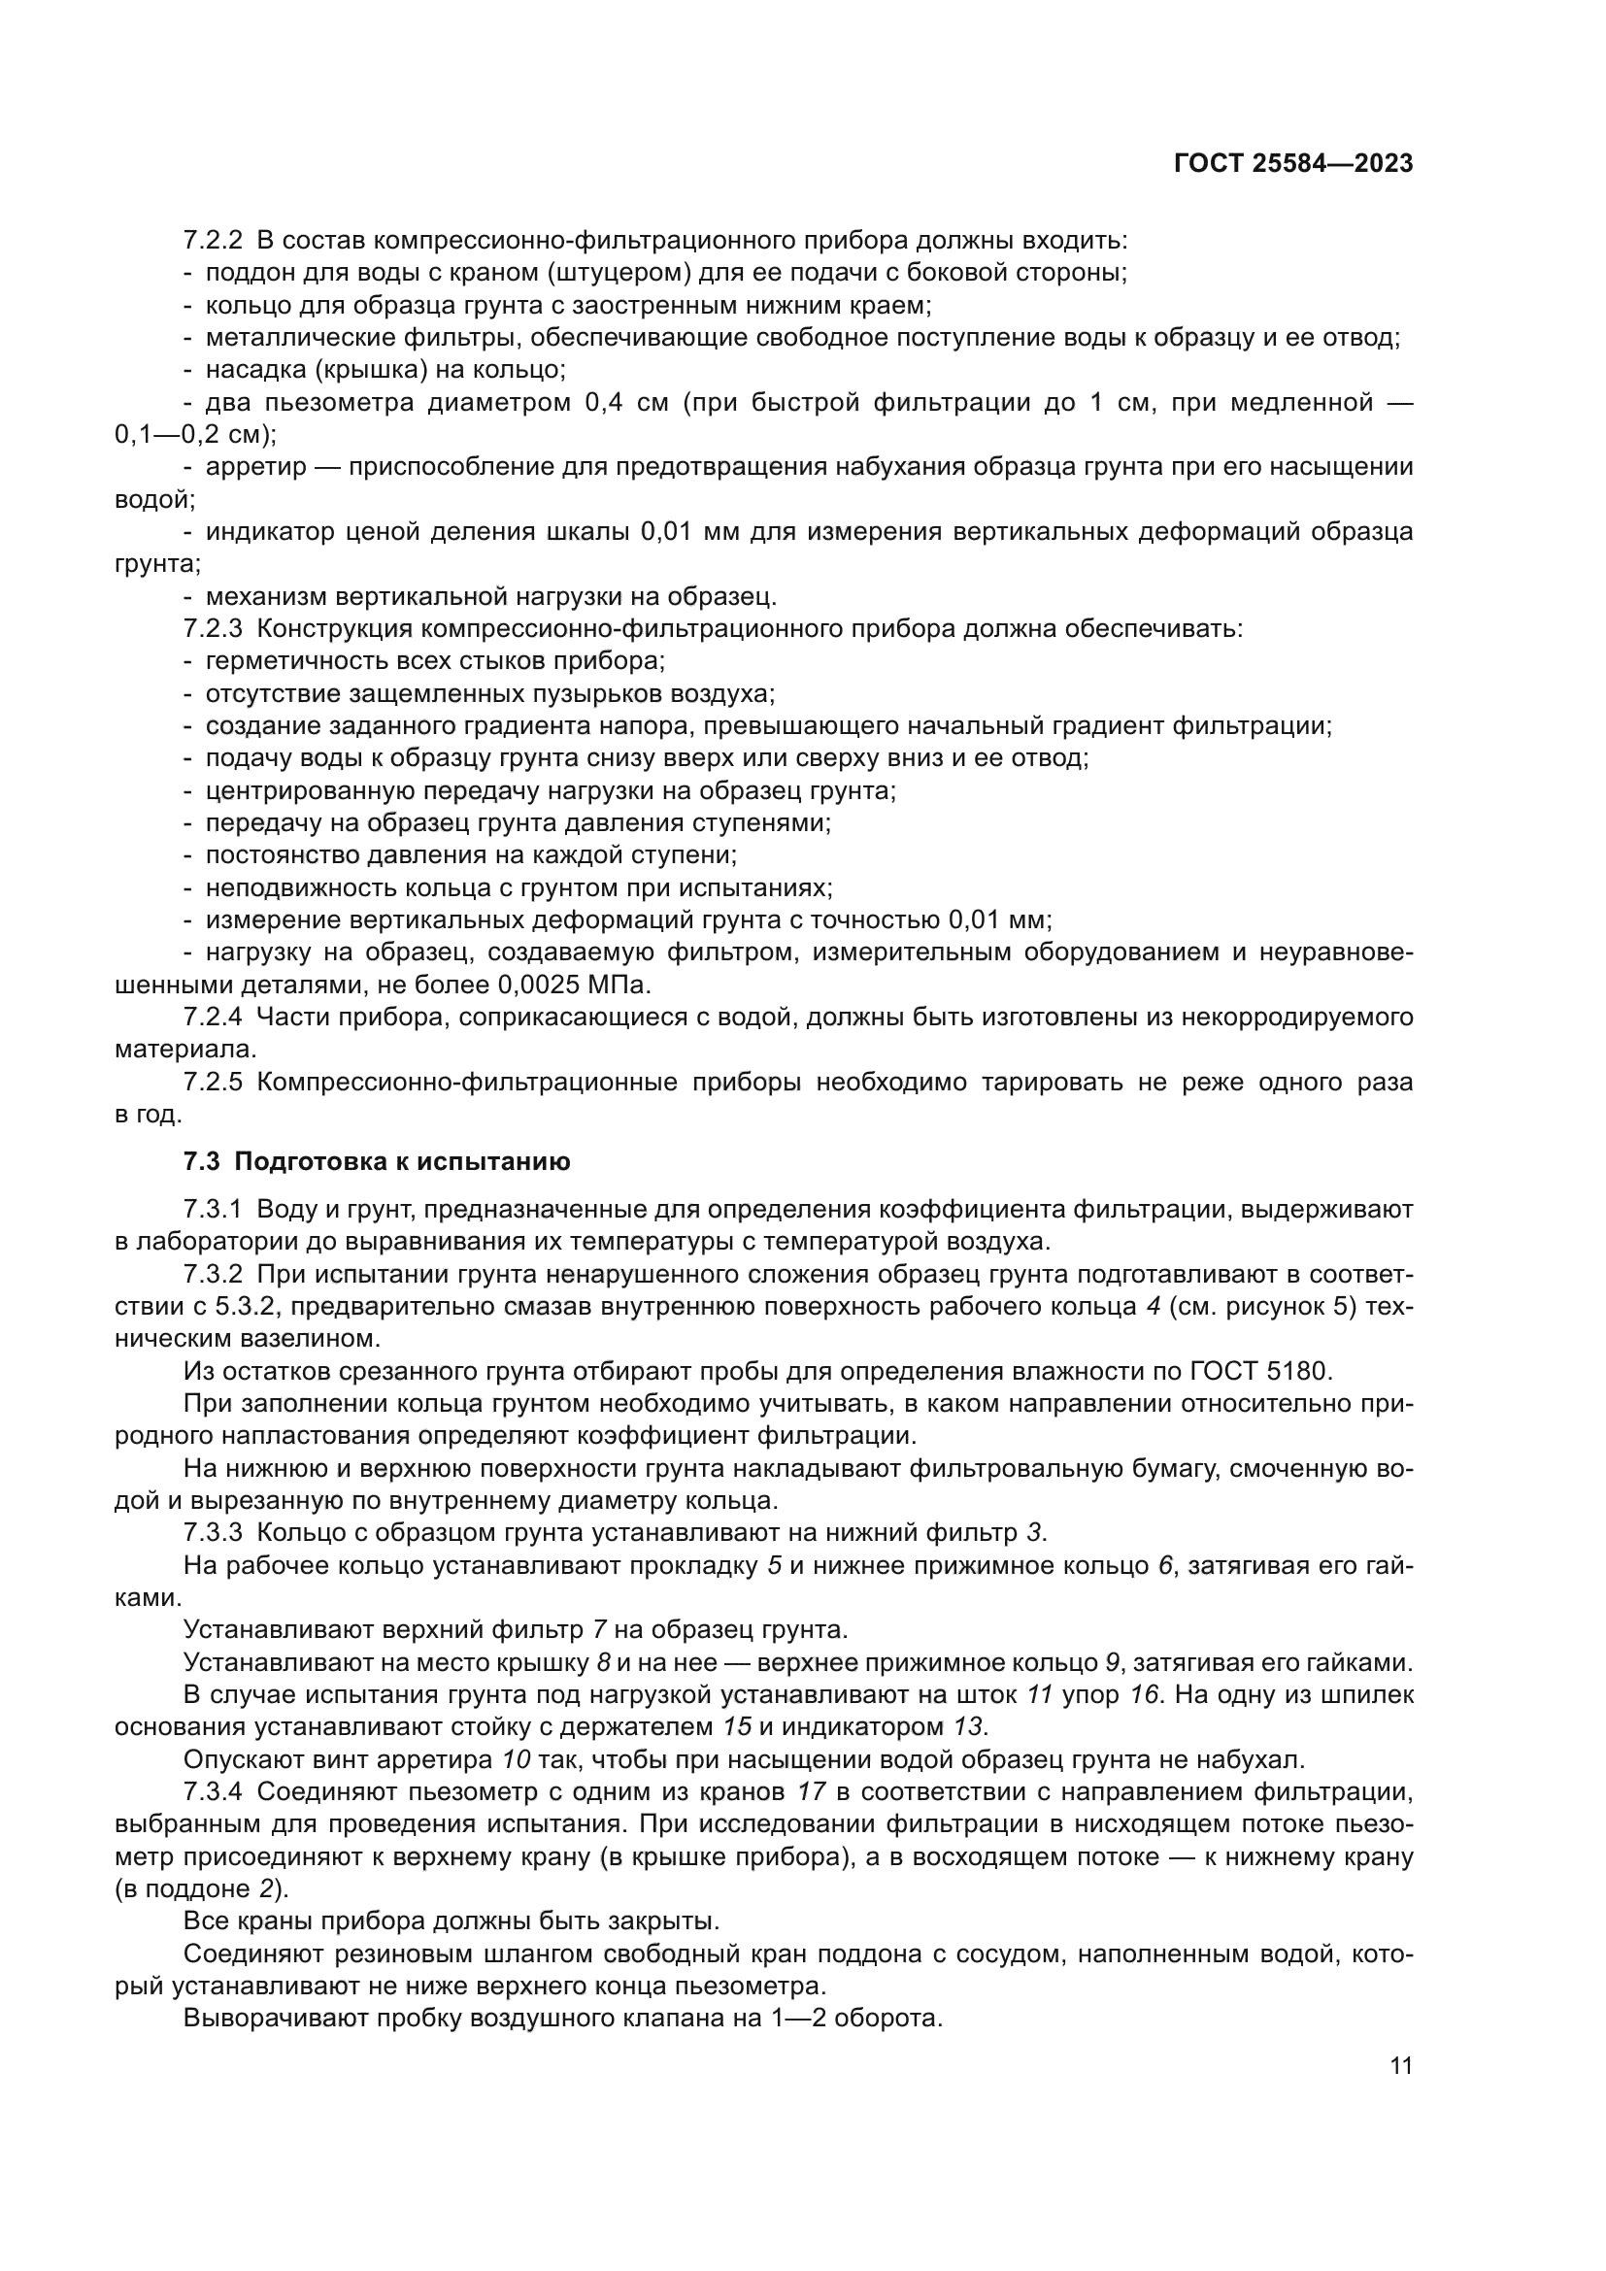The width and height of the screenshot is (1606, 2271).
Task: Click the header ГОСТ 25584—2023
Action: [1293, 164]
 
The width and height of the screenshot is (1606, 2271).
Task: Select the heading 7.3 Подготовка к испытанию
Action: [377, 1162]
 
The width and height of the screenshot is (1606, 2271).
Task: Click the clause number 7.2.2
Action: [213, 241]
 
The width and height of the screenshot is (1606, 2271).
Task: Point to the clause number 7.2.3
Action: [213, 629]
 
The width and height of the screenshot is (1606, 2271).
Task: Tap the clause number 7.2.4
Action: [213, 1017]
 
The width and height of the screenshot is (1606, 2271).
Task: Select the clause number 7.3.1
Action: [213, 1211]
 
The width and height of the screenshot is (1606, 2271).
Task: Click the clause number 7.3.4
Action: [213, 1792]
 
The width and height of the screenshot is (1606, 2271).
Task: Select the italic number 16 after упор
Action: [1144, 1695]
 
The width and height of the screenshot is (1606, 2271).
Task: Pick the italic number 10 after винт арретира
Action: [517, 1760]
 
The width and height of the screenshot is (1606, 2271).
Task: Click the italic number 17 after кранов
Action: [810, 1792]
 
